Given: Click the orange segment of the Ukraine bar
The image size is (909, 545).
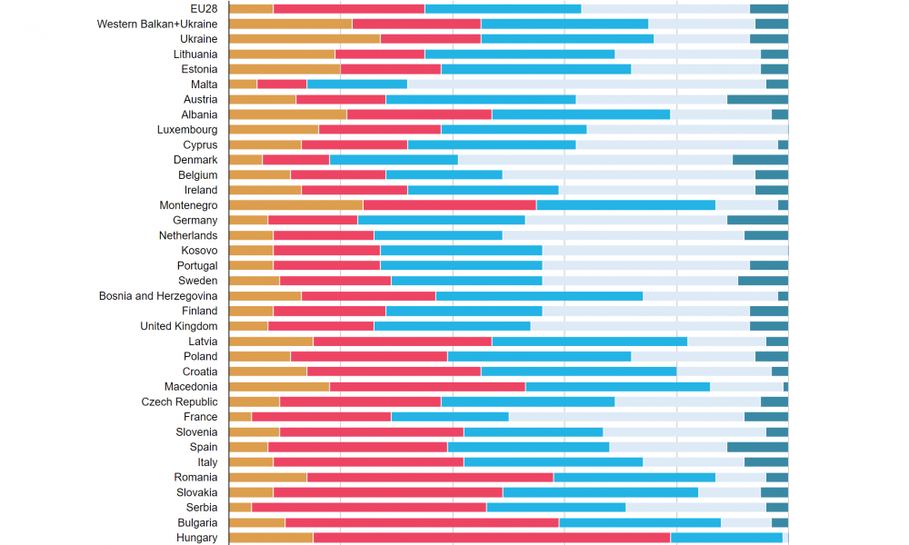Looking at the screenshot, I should click(305, 39).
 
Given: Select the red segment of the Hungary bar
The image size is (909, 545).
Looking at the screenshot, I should click(492, 538).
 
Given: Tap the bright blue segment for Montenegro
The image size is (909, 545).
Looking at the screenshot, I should click(625, 205).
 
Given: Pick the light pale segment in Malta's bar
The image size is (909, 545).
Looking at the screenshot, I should click(586, 84).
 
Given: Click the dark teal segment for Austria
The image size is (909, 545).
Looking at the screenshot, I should click(757, 99).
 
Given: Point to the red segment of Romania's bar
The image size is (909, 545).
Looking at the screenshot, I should click(430, 477).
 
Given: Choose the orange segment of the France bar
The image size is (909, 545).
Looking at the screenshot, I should click(240, 417).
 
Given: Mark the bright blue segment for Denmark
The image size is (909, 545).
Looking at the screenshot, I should click(394, 160).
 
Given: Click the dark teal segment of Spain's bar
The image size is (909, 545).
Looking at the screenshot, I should click(757, 447).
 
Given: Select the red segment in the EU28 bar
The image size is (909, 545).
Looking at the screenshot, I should click(349, 9).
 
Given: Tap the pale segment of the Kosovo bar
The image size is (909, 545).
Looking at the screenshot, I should click(664, 251).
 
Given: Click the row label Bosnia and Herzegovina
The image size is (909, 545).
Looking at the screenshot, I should click(158, 296).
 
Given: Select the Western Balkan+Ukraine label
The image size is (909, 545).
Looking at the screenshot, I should click(157, 24).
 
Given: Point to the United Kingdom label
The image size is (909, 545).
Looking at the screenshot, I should click(178, 326).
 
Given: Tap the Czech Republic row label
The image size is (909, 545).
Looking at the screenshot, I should click(179, 401).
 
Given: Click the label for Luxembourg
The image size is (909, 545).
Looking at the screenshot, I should click(187, 130).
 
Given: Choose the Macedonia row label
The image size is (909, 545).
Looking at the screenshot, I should click(191, 387).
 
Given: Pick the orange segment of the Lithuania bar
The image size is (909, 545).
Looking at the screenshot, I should click(282, 54).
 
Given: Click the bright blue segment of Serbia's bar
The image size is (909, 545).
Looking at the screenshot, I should click(556, 508).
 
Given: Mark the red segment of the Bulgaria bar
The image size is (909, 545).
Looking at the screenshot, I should click(422, 522).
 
